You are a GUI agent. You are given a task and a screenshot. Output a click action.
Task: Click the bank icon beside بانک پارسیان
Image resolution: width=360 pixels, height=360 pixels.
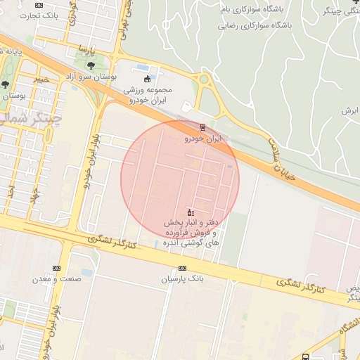point(183,269)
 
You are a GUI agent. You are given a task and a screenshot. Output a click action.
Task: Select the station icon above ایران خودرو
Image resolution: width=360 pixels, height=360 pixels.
point(202,127)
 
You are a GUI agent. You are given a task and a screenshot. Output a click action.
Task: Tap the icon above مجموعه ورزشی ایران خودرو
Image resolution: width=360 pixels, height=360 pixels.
point(147,78)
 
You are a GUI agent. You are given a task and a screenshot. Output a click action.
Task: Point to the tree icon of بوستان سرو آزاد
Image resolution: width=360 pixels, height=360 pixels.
point(91,65)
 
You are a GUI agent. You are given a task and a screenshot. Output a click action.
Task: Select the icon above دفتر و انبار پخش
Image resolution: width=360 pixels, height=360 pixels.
point(190,212)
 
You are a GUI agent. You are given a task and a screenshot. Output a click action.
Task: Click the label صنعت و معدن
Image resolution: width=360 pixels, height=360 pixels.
point(57,278)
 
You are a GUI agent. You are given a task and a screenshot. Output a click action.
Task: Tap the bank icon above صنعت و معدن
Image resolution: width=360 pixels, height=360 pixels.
point(56,268)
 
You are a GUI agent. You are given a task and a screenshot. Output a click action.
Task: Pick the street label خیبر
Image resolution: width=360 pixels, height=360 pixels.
point(42,79)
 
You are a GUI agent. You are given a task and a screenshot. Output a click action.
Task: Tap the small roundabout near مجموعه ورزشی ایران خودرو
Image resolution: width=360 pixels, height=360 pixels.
point(204,79)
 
